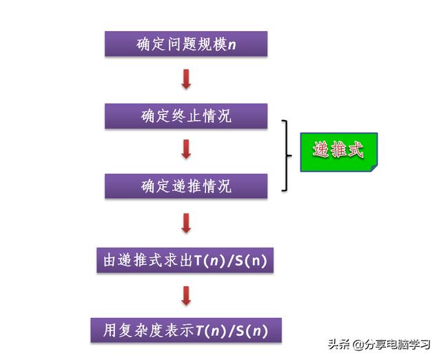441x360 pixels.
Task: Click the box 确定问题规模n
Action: (185, 44)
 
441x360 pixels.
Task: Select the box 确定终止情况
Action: (186, 116)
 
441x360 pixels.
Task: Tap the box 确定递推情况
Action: (186, 186)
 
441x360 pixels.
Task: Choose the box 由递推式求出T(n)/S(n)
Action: (185, 260)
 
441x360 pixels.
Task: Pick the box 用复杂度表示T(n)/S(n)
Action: (186, 330)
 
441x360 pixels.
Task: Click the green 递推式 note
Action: (338, 151)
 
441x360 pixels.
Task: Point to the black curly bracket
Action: (287, 154)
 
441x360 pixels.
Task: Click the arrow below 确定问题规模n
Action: (186, 79)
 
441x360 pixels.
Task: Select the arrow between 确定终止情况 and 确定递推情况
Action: (186, 150)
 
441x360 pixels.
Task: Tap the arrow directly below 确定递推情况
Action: (186, 223)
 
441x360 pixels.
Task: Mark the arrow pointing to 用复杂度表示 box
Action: (186, 295)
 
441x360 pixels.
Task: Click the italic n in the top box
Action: (232, 45)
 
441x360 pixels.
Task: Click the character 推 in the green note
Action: (338, 150)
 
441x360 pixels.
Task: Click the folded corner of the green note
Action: (372, 167)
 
